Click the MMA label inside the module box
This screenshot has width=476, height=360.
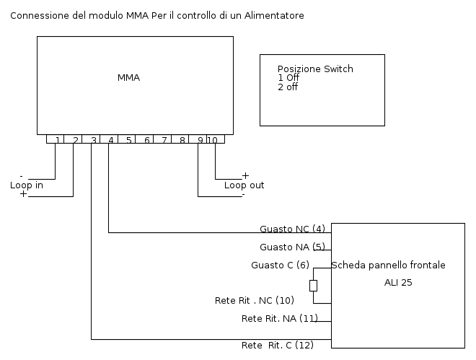pyautogui.click(x=128, y=78)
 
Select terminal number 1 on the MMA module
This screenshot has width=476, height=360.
pyautogui.click(x=57, y=140)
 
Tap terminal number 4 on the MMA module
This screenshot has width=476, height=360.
pyautogui.click(x=111, y=140)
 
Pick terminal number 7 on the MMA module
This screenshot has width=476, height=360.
pyautogui.click(x=164, y=140)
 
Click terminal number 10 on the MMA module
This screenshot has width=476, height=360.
pyautogui.click(x=212, y=140)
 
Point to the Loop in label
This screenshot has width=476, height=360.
pyautogui.click(x=27, y=185)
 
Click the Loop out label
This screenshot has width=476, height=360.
pyautogui.click(x=244, y=185)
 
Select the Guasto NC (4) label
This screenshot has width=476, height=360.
pyautogui.click(x=292, y=229)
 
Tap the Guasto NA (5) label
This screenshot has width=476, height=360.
pyautogui.click(x=292, y=247)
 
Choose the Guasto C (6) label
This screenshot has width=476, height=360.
pyautogui.click(x=280, y=265)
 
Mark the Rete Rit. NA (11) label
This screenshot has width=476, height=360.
pyautogui.click(x=279, y=318)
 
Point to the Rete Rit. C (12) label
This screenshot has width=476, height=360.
pyautogui.click(x=277, y=346)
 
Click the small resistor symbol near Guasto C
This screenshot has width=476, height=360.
pyautogui.click(x=313, y=286)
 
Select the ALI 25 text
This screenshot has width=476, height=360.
pyautogui.click(x=398, y=284)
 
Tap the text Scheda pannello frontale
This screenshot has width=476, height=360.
pyautogui.click(x=388, y=265)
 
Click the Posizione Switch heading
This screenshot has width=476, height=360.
pyautogui.click(x=315, y=69)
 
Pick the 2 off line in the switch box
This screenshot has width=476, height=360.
pyautogui.click(x=288, y=87)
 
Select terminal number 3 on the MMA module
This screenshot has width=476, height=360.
pyautogui.click(x=93, y=140)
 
